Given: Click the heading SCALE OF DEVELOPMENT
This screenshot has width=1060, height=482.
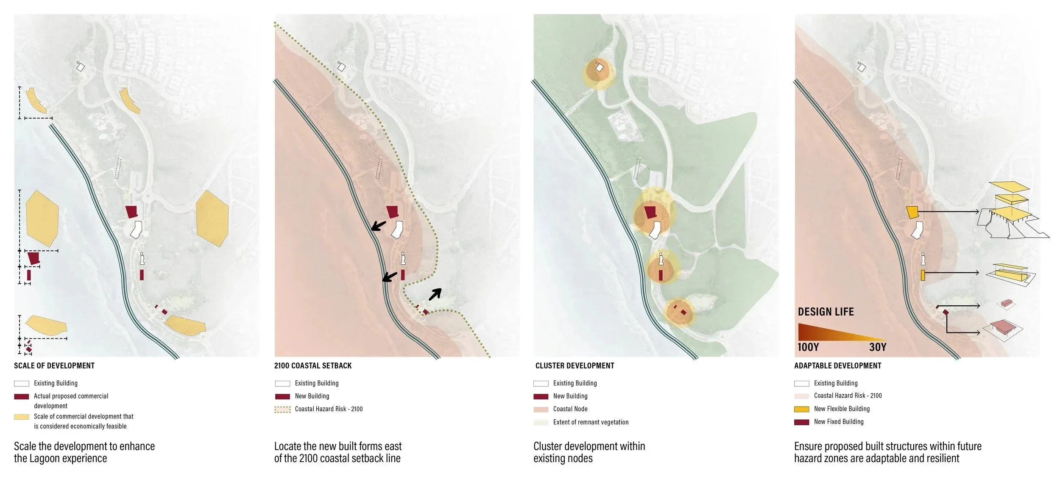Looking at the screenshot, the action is [54, 366].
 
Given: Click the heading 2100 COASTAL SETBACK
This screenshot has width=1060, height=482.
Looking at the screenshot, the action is [313, 366].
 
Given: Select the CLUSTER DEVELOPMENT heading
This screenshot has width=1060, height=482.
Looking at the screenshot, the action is [575, 366].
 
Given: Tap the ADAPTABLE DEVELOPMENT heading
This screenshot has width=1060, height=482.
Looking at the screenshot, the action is [837, 366].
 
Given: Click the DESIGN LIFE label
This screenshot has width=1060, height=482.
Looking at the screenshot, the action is [826, 312].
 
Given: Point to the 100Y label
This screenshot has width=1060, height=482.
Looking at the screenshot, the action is [808, 347].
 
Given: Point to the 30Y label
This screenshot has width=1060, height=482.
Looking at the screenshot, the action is [878, 347].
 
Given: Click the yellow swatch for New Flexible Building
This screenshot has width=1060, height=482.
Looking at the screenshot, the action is [801, 409].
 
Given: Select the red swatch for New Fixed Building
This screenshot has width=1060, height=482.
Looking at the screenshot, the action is [801, 422].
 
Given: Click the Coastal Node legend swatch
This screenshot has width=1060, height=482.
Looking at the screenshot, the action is [541, 410].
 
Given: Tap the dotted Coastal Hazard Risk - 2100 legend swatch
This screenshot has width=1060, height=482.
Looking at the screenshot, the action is [282, 410].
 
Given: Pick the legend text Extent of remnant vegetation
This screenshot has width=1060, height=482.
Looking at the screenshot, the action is [591, 422].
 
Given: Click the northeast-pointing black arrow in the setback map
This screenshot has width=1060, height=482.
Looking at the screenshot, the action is [435, 294].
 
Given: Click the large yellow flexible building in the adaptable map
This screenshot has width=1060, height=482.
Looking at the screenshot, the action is [912, 212].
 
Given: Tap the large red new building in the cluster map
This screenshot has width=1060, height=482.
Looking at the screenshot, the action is [650, 212].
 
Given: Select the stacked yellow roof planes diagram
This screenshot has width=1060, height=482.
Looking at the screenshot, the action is [1009, 203].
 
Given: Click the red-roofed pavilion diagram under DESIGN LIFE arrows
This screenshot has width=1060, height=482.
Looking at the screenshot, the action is [1006, 328].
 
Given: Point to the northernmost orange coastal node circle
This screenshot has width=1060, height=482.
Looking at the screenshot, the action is [599, 72].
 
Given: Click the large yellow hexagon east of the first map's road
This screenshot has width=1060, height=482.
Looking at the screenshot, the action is [212, 218].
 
